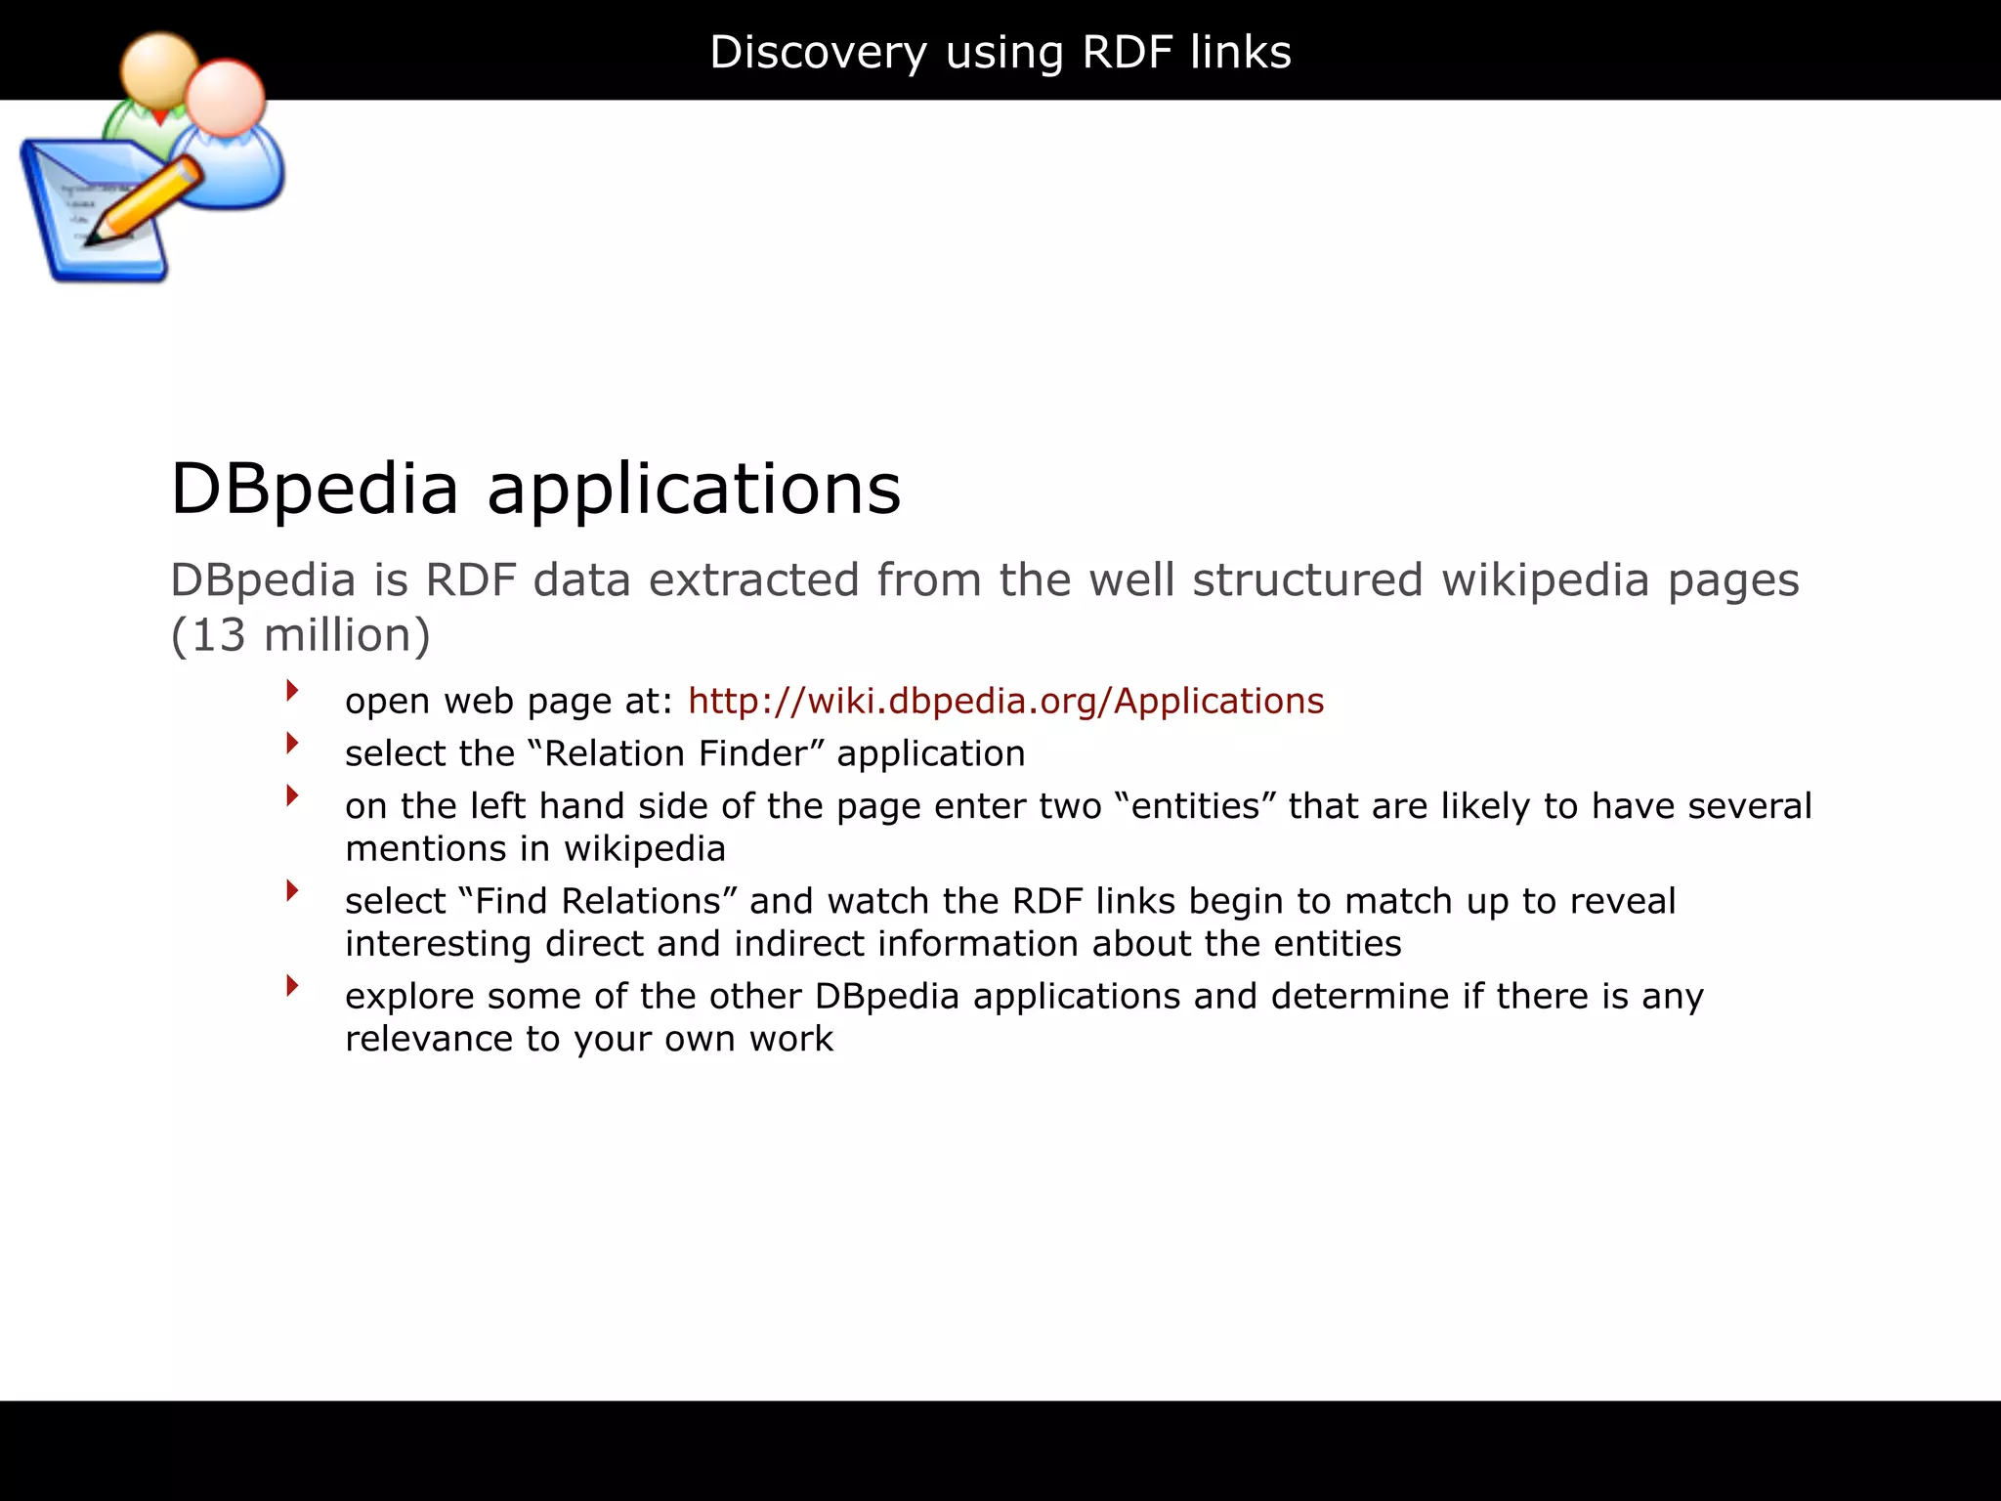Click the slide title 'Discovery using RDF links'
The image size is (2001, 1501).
1000,52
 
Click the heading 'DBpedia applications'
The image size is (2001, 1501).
535,488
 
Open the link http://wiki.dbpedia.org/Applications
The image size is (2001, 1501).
1005,701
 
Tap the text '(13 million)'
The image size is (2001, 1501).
300,635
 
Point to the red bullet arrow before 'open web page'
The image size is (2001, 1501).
291,691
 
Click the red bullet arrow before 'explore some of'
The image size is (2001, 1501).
291,985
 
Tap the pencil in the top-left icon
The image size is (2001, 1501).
147,200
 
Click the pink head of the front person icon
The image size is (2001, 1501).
226,99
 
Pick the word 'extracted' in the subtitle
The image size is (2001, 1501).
752,579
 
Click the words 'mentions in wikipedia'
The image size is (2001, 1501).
534,848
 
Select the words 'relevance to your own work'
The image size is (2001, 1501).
588,1039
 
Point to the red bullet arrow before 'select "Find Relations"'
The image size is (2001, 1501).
291,890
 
